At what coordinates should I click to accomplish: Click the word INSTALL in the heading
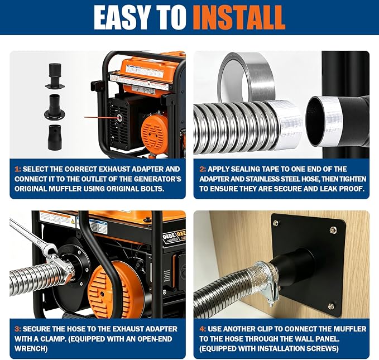239,17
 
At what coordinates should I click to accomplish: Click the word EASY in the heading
123,17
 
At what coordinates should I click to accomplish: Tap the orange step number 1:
18,169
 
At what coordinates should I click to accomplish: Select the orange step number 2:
203,169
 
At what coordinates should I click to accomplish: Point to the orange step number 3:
18,329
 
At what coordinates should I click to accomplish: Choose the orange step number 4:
203,329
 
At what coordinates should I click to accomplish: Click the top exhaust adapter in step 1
55,76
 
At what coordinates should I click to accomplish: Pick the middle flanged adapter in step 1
55,107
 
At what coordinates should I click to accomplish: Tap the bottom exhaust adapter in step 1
55,137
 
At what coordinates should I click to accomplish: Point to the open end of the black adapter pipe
317,121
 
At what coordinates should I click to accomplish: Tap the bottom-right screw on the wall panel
331,306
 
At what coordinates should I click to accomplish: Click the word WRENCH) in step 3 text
31,349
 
